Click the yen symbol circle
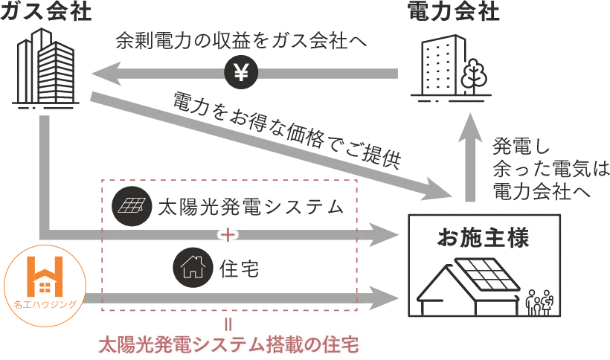[240, 72]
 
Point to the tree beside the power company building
[473, 74]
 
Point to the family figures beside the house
[540, 302]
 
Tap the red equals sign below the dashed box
[228, 324]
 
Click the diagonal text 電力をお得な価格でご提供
[286, 130]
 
